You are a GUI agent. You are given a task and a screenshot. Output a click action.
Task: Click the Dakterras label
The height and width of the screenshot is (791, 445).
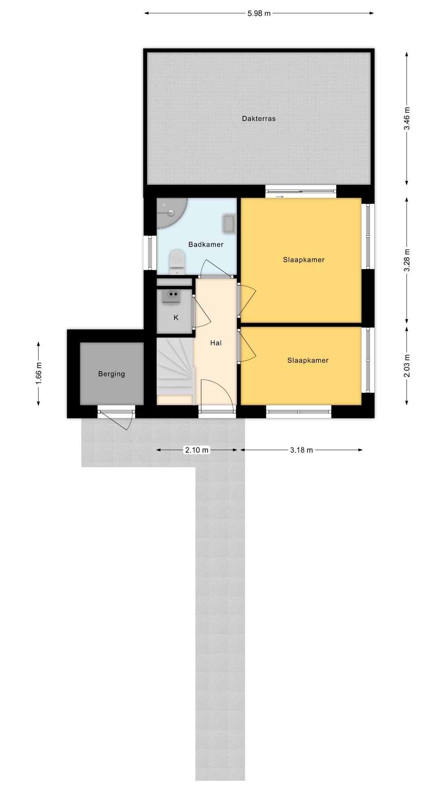[x=258, y=119]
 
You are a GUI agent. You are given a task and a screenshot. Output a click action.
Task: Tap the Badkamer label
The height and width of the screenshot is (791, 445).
[x=206, y=245]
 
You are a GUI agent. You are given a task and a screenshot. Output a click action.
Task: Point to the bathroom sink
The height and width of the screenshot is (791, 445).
[x=229, y=223]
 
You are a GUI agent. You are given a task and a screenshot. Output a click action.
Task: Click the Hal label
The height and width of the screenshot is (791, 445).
[x=216, y=343]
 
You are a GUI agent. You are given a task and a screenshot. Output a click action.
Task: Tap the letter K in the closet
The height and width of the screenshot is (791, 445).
[x=176, y=318]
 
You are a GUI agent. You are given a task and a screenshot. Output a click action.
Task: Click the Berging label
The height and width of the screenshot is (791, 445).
[x=111, y=374]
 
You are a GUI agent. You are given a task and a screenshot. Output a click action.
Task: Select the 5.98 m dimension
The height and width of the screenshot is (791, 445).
[x=259, y=13]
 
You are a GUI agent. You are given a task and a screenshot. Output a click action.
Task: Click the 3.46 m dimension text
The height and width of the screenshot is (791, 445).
[x=407, y=119]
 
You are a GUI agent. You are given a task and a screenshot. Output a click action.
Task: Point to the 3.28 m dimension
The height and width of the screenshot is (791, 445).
[x=407, y=260]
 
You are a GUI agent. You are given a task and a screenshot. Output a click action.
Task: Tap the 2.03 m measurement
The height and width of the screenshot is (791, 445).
[x=407, y=365]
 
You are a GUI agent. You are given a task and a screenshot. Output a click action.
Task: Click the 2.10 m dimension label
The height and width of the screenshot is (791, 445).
[x=197, y=450]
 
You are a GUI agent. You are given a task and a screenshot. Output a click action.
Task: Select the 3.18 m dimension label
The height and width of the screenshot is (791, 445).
[x=302, y=450]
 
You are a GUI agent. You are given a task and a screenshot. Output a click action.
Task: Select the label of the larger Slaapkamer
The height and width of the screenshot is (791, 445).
[x=304, y=260]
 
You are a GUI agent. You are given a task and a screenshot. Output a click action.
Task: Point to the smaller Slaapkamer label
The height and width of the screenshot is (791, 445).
[x=308, y=360]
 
